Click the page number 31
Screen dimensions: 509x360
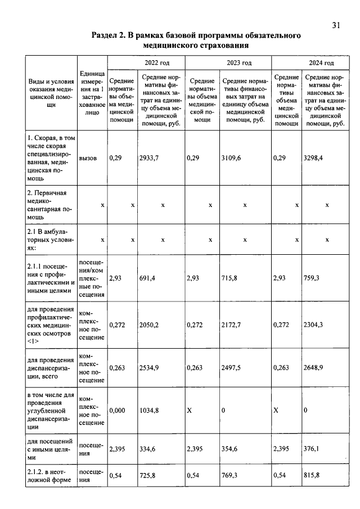(x=336, y=25)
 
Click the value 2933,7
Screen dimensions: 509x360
(x=149, y=159)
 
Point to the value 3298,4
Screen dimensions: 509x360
(x=313, y=159)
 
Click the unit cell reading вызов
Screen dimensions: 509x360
(x=88, y=159)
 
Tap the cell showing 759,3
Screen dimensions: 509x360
(x=312, y=278)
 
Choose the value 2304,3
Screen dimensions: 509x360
(x=313, y=325)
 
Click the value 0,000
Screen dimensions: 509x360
(x=116, y=411)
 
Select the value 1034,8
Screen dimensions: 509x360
(x=149, y=411)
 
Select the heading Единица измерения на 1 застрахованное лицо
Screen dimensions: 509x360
(x=92, y=93)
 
